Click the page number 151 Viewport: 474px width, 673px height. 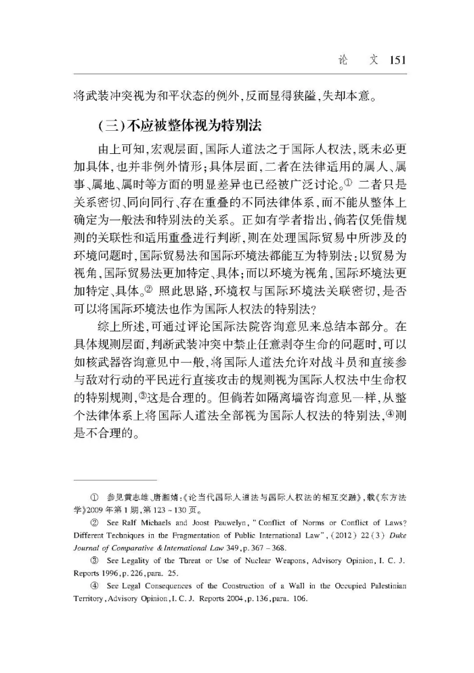tap(397, 60)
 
